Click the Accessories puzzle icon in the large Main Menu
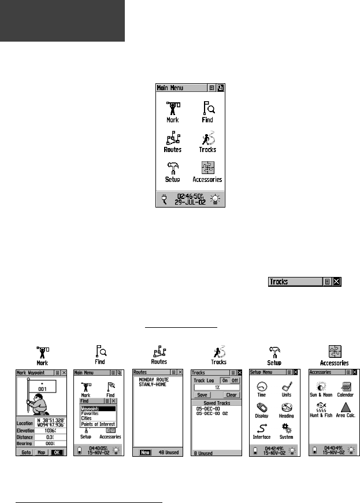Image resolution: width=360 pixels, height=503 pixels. click(207, 168)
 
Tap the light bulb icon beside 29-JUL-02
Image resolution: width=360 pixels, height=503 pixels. click(216, 199)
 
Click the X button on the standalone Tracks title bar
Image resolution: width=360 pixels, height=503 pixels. click(337, 282)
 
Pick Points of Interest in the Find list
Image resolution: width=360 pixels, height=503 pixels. click(98, 424)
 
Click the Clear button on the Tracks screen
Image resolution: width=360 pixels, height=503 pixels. click(231, 395)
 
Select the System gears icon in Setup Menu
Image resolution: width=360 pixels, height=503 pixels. click(286, 428)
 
